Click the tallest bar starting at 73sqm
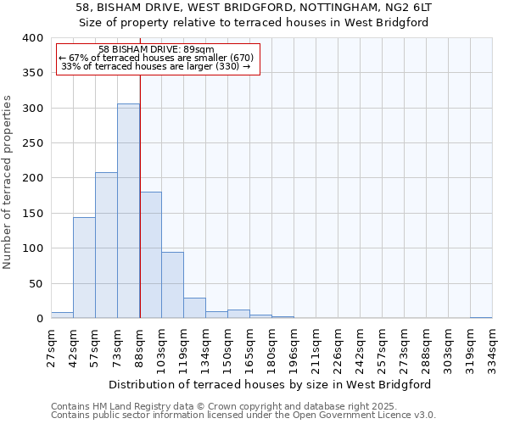click(x=128, y=211)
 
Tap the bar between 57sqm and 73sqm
click(x=106, y=246)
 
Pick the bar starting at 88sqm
click(x=150, y=255)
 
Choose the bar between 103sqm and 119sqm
click(x=172, y=286)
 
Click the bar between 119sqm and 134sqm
click(x=194, y=309)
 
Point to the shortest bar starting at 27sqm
click(x=62, y=315)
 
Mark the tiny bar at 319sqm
click(x=481, y=317)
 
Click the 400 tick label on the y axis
click(x=32, y=38)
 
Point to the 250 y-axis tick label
click(x=32, y=143)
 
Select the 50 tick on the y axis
click(x=36, y=283)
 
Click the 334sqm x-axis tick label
click(x=493, y=347)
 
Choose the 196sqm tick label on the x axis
click(x=294, y=347)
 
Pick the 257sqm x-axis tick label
click(x=383, y=347)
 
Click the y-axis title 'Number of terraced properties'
click(x=8, y=181)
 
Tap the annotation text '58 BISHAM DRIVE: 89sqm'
click(x=156, y=49)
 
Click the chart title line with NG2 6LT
click(x=255, y=7)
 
